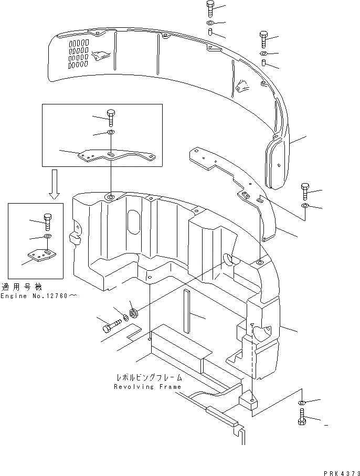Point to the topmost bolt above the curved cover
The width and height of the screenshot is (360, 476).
pyautogui.click(x=209, y=9)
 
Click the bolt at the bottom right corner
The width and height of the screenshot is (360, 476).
pyautogui.click(x=303, y=418)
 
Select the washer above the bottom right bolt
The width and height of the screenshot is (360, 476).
pyautogui.click(x=302, y=403)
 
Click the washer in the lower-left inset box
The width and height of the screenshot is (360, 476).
pyautogui.click(x=47, y=237)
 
